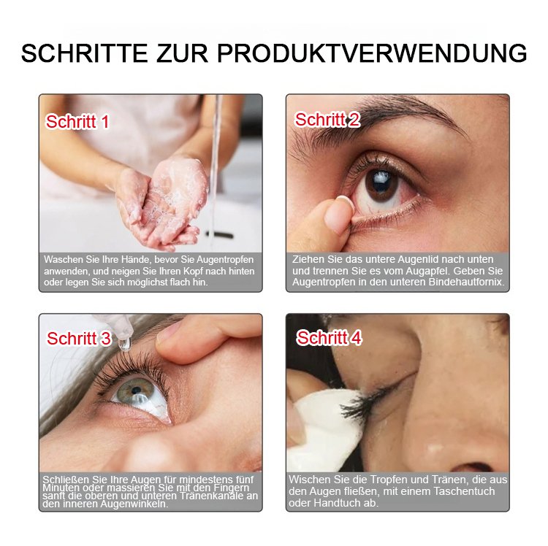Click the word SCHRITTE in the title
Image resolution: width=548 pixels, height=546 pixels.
click(84, 53)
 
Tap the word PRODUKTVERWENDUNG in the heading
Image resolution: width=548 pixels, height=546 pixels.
click(372, 53)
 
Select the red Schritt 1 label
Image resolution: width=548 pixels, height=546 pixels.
click(77, 122)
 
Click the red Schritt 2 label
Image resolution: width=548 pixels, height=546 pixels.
click(327, 120)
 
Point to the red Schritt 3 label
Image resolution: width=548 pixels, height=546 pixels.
click(79, 339)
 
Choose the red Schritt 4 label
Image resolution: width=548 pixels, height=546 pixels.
click(329, 338)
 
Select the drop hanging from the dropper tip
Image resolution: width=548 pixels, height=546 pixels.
click(124, 344)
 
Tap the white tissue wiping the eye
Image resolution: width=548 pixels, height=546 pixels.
click(325, 429)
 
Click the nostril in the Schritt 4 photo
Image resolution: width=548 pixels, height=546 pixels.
click(473, 467)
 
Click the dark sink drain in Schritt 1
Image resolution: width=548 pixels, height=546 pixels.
click(219, 234)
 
